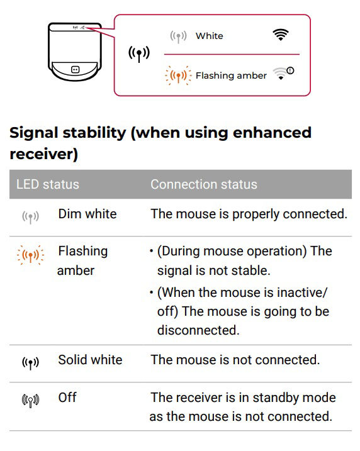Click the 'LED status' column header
(x=47, y=184)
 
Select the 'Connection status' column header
(x=204, y=184)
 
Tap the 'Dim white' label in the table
(x=87, y=214)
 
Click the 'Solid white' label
(x=91, y=360)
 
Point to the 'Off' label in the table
(x=67, y=398)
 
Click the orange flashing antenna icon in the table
(x=30, y=255)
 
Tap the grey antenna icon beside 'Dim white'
(x=30, y=217)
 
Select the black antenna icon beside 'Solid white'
(x=30, y=363)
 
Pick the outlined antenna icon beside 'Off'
(x=30, y=401)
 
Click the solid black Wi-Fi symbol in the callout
(x=281, y=35)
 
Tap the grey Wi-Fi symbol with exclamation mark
(x=283, y=74)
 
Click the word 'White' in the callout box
(x=210, y=36)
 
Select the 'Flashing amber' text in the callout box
(x=231, y=75)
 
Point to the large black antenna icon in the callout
(x=139, y=53)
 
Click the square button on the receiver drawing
(x=75, y=70)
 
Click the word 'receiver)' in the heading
(x=43, y=154)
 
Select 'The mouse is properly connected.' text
(x=249, y=214)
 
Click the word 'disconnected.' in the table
(x=198, y=330)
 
